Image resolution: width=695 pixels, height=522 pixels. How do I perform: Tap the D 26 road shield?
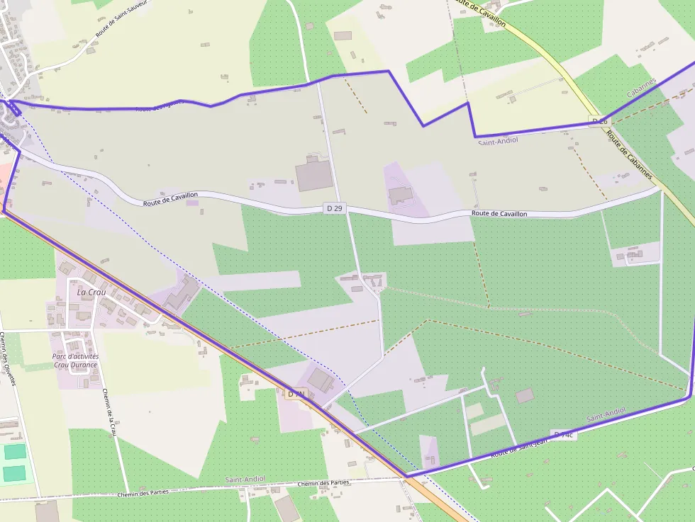pyautogui.click(x=599, y=121)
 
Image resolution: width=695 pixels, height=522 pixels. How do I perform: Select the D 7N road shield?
pyautogui.click(x=296, y=393)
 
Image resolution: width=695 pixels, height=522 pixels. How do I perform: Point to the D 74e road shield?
pyautogui.click(x=565, y=434)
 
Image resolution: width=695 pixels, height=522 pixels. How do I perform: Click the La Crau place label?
pyautogui.click(x=91, y=292)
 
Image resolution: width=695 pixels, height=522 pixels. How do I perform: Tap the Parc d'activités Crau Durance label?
pyautogui.click(x=76, y=361)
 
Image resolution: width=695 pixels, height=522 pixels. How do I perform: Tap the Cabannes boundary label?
pyautogui.click(x=642, y=89)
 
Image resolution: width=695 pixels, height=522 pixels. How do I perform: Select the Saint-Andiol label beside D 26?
pyautogui.click(x=498, y=141)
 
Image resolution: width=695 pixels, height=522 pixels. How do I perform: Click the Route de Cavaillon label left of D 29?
pyautogui.click(x=170, y=199)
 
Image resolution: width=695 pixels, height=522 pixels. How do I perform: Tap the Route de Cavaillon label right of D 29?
pyautogui.click(x=499, y=213)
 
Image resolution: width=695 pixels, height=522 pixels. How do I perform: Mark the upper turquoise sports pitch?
pyautogui.click(x=13, y=451)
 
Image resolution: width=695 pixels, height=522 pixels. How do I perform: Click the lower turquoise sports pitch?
pyautogui.click(x=13, y=473)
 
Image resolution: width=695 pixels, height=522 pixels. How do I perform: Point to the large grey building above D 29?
pyautogui.click(x=314, y=176)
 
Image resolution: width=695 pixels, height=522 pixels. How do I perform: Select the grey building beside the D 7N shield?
pyautogui.click(x=321, y=380)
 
